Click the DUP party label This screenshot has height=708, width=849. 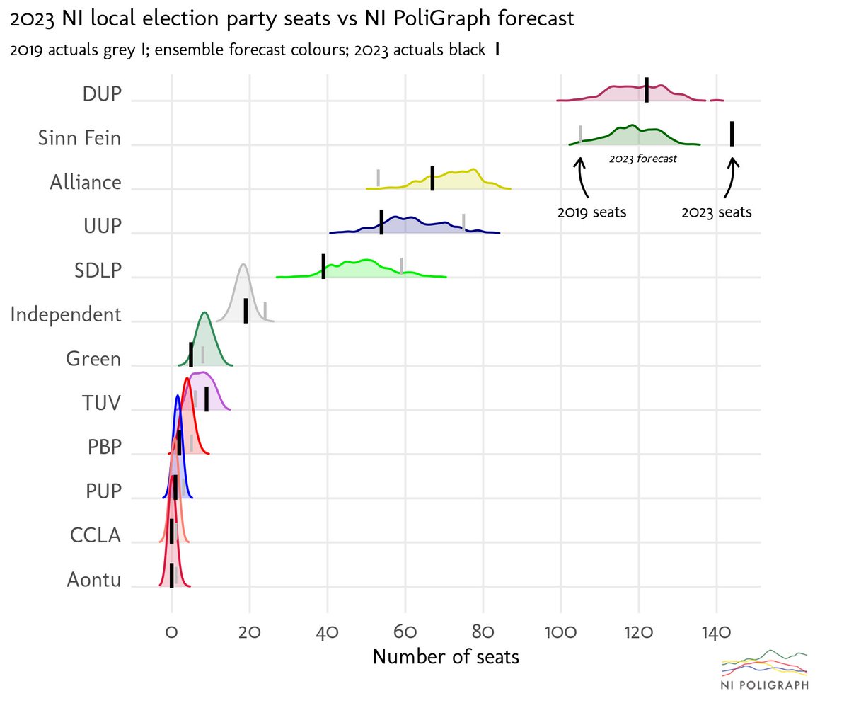pyautogui.click(x=102, y=94)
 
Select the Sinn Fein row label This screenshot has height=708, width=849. pyautogui.click(x=80, y=138)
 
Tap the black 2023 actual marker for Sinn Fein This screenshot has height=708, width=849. pyautogui.click(x=732, y=133)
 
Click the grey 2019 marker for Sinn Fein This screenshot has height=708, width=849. pyautogui.click(x=581, y=135)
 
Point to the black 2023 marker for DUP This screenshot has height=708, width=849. pyautogui.click(x=647, y=90)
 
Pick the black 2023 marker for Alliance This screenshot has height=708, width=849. pyautogui.click(x=432, y=178)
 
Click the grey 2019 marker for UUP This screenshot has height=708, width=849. pyautogui.click(x=463, y=222)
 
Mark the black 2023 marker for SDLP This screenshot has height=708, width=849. pyautogui.click(x=323, y=265)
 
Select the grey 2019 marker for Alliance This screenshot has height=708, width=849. pyautogui.click(x=379, y=178)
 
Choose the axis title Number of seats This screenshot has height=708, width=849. pyautogui.click(x=446, y=657)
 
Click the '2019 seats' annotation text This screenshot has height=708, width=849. pyautogui.click(x=591, y=212)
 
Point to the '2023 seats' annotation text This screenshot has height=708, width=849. pyautogui.click(x=716, y=212)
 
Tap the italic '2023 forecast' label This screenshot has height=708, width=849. pyautogui.click(x=642, y=159)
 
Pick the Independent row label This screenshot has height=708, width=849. pyautogui.click(x=66, y=314)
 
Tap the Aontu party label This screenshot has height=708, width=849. pyautogui.click(x=94, y=581)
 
